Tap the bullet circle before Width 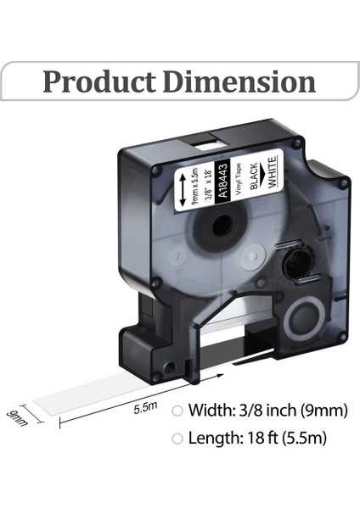click(x=177, y=411)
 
